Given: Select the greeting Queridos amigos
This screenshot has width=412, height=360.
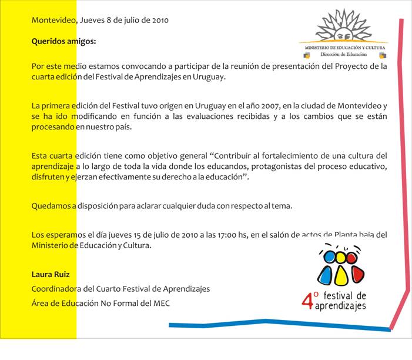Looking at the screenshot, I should coord(63,42).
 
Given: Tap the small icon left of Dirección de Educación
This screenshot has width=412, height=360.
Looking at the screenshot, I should coord(306,55).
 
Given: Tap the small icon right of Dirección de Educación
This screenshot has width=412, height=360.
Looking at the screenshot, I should coord(383,55).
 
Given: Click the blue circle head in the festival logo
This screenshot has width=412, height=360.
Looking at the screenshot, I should coord(337,257).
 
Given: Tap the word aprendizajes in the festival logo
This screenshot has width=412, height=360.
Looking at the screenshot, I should coord(341,306).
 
